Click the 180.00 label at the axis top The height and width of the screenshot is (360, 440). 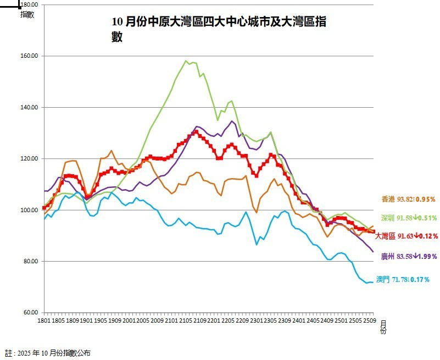30,4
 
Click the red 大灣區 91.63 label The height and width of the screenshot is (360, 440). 406,236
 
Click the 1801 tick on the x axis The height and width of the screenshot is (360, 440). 43,320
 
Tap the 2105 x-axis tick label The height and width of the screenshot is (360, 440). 183,320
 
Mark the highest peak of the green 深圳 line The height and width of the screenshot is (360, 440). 186,60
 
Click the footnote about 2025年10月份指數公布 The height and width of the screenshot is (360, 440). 48,352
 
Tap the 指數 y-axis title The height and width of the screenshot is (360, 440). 27,15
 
